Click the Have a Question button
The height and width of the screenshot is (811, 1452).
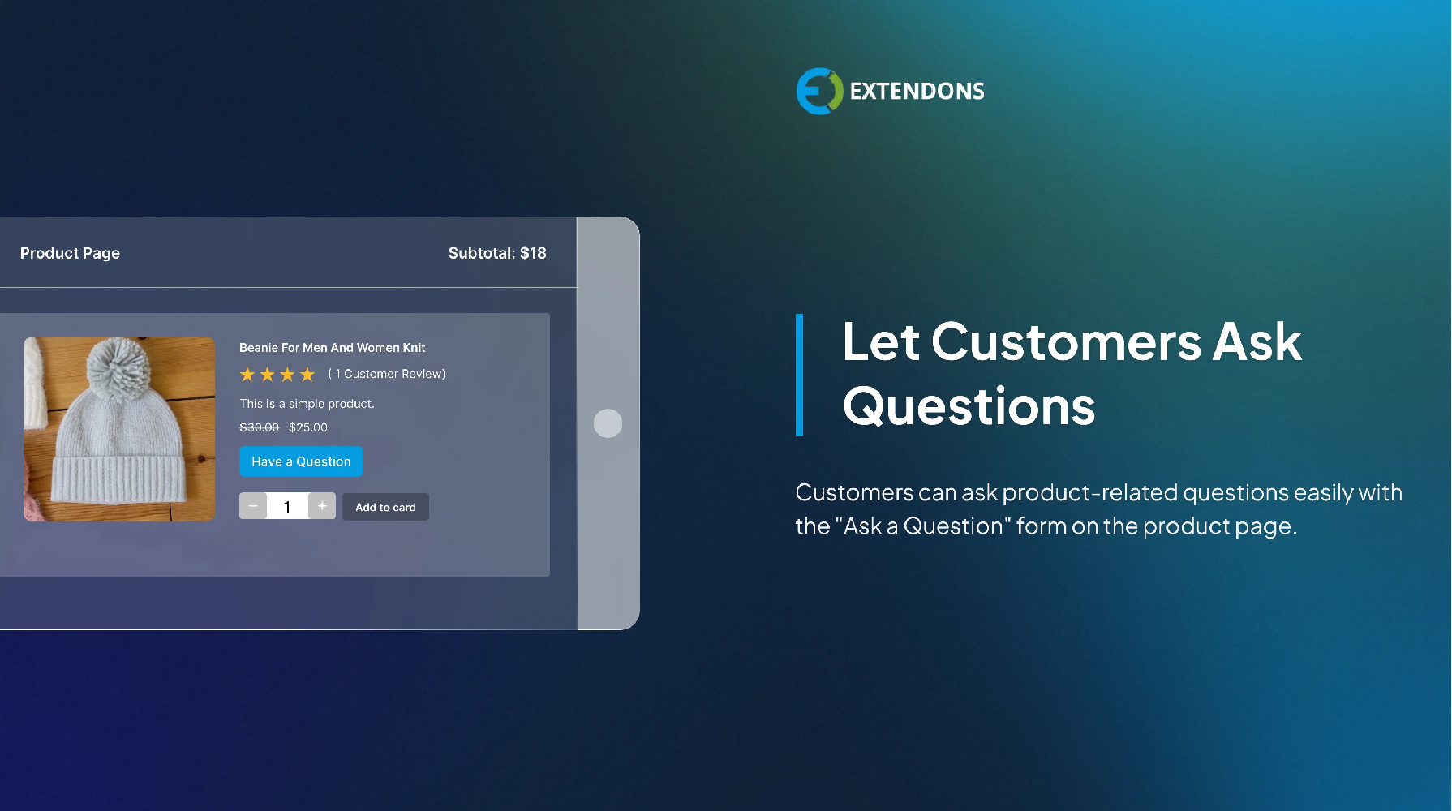(301, 461)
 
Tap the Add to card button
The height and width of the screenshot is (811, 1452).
(385, 507)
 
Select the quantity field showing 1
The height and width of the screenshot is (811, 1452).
(287, 507)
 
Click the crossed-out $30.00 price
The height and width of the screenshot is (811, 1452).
(260, 427)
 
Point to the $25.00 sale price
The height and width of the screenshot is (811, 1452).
(308, 427)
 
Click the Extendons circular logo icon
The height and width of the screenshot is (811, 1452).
(819, 91)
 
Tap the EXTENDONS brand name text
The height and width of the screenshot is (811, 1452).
(917, 91)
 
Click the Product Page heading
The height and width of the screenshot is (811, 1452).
(70, 253)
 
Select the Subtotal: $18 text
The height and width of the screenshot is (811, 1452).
(497, 253)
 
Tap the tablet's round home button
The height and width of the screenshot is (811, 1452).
(608, 423)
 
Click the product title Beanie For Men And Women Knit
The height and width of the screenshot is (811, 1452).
(332, 348)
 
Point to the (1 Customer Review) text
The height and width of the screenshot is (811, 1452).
(387, 374)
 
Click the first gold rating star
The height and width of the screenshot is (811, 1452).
(247, 375)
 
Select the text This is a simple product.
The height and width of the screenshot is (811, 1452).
(307, 404)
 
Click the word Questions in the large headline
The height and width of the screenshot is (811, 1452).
(969, 405)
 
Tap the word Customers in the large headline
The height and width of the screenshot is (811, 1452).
(1066, 342)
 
